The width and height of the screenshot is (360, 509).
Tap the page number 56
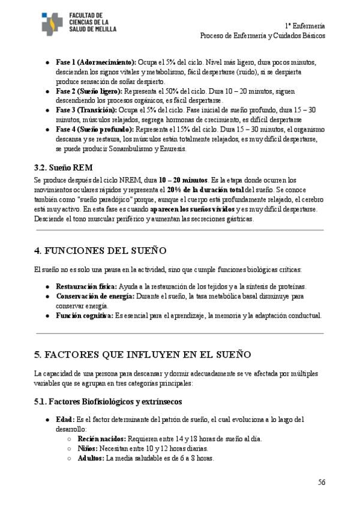[322, 481]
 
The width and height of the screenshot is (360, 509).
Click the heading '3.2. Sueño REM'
[64, 167]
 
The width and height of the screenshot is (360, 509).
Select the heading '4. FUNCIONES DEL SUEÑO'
[101, 250]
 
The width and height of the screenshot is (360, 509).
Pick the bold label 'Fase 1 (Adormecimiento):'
[96, 62]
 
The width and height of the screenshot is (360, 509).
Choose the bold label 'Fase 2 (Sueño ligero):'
[89, 91]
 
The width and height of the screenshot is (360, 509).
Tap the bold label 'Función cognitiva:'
[85, 315]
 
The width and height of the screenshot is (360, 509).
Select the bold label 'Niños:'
[88, 448]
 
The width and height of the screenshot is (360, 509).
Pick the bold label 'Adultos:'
[91, 459]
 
